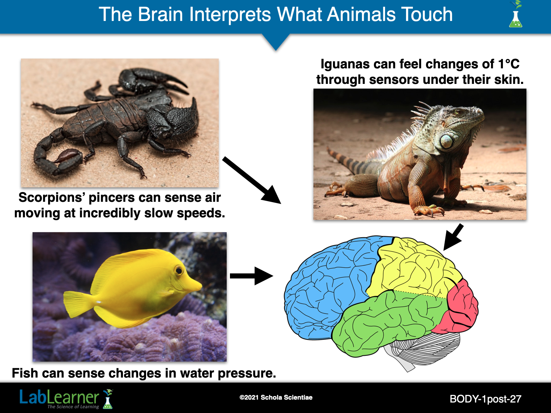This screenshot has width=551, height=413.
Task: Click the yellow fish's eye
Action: tap(179, 271)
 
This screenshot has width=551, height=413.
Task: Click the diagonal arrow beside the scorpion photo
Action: tap(252, 180)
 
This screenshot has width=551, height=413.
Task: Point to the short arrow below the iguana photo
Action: tap(453, 237)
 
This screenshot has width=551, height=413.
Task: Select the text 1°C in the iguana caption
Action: tap(509, 64)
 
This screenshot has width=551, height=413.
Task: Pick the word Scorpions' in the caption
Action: tap(52, 197)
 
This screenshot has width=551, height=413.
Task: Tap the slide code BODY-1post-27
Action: tap(485, 399)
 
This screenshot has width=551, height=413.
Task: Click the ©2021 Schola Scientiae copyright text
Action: tap(276, 397)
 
